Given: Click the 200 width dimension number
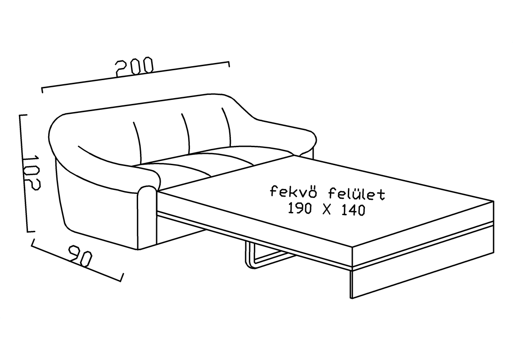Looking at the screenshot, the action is (x=135, y=67).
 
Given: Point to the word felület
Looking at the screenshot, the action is (x=356, y=194).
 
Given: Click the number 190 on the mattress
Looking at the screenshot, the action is (x=300, y=208).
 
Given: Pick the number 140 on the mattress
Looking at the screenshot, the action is (x=353, y=211).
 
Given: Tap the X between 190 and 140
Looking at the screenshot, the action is (x=327, y=209).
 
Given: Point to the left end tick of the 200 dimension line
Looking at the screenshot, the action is (x=42, y=90).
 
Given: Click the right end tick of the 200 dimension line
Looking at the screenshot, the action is (x=229, y=63).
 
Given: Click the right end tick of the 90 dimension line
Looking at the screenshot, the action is (x=122, y=277).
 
